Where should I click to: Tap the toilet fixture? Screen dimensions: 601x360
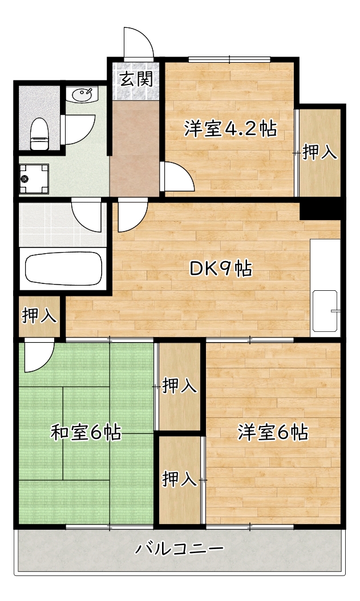(39, 133)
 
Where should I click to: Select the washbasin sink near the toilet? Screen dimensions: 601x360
(83, 94)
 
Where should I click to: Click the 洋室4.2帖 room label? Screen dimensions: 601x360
(230, 129)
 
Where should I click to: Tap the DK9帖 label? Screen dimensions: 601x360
(221, 269)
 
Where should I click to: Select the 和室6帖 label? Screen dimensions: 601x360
(86, 433)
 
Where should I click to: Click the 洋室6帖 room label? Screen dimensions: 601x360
(273, 433)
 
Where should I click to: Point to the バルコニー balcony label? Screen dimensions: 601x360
(179, 549)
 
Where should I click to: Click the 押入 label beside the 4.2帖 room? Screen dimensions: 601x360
(319, 152)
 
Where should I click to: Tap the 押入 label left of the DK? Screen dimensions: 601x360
(39, 315)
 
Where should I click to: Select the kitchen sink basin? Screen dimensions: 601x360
(326, 311)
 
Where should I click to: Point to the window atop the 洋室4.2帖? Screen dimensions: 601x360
(229, 59)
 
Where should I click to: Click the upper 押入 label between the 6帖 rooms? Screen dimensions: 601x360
(180, 386)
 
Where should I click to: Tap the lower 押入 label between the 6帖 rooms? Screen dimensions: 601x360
(180, 479)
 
